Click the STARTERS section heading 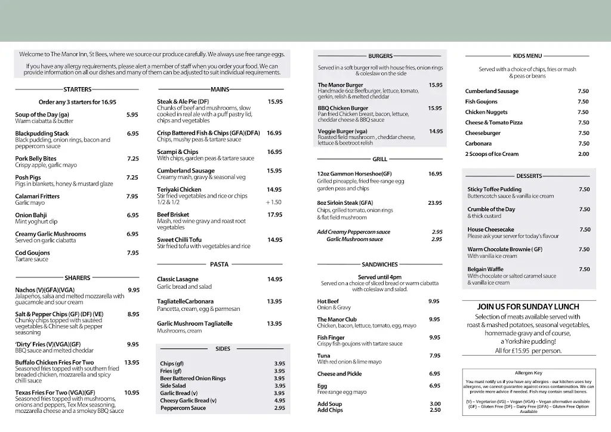(x=78, y=90)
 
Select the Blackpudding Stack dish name (x=42, y=134)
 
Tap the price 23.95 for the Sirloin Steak (x=435, y=203)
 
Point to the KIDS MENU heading (x=527, y=55)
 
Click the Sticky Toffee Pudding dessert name (x=495, y=189)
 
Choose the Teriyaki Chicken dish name (x=179, y=190)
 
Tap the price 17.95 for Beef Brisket (x=274, y=215)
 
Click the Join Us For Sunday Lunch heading (x=529, y=307)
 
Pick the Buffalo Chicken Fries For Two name (x=54, y=363)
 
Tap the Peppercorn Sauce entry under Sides (x=183, y=408)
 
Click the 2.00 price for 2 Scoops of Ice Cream (x=583, y=154)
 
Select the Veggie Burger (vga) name (x=342, y=131)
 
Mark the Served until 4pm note (x=379, y=277)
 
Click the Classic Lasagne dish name (x=178, y=279)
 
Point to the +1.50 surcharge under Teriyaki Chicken (x=273, y=202)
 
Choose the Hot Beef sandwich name (x=328, y=301)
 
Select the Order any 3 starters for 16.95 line (x=78, y=102)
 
